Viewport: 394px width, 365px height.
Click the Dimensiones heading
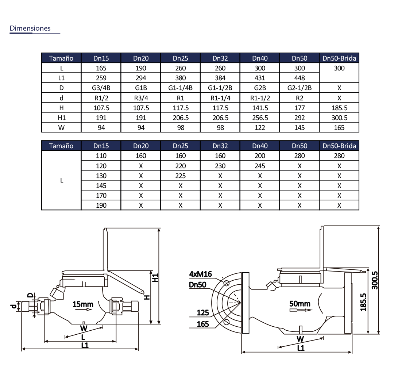coord(30,28)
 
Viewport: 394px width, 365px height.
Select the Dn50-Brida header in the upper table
coord(339,58)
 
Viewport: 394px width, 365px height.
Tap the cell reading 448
coord(300,78)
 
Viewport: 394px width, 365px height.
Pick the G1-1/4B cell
coord(181,88)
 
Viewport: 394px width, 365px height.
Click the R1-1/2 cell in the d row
coord(260,98)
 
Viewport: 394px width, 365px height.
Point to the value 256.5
coord(260,118)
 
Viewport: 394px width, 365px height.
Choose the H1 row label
coord(62,118)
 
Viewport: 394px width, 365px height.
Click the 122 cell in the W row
coord(260,128)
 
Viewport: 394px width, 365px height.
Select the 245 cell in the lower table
coord(260,166)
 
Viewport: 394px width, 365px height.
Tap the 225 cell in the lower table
coord(181,176)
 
